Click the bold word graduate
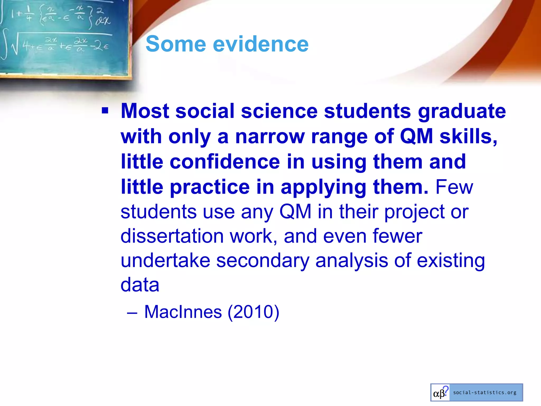(462, 111)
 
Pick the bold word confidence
(225, 162)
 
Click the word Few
(454, 187)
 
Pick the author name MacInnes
(183, 312)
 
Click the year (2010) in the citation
(253, 312)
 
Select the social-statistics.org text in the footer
(485, 393)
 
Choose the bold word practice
(210, 187)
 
